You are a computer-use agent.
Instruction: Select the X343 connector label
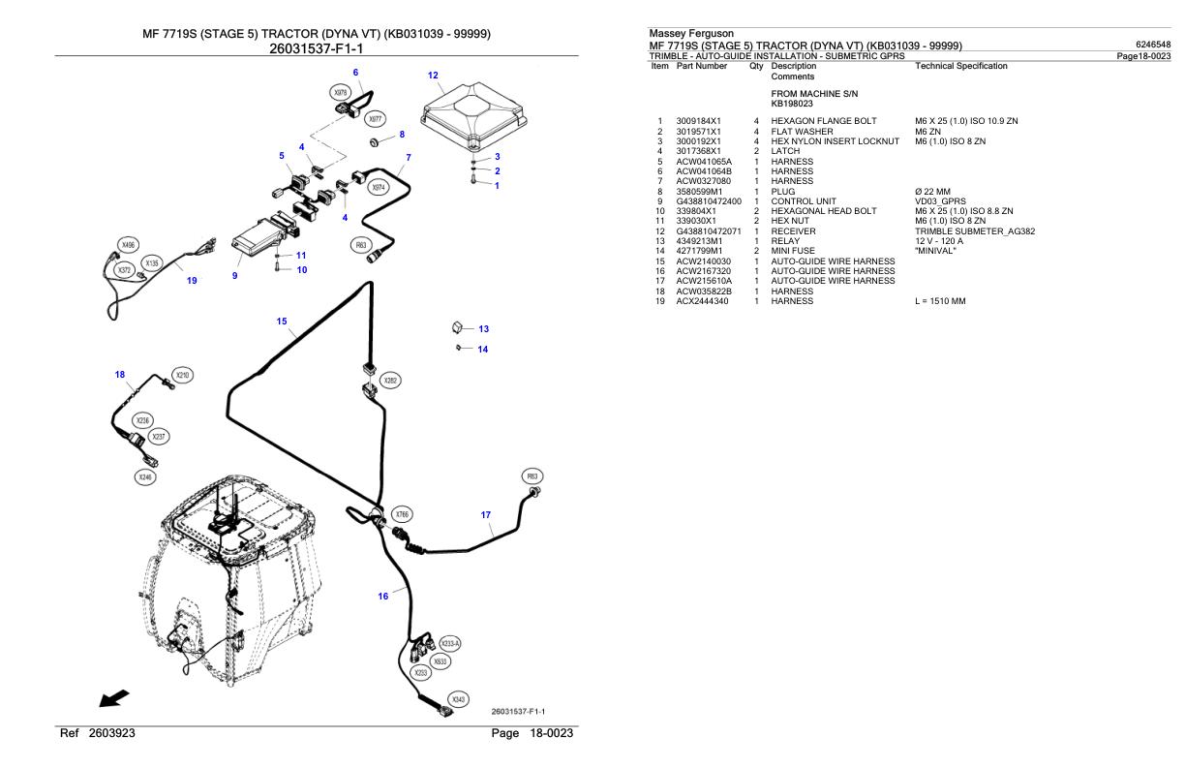459,700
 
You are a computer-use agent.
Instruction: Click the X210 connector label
182,374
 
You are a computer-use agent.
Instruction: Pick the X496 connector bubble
127,245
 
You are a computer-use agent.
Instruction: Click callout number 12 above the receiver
433,75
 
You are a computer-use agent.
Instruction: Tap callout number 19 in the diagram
192,281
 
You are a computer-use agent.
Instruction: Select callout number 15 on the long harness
282,322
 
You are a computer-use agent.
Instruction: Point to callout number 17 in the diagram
487,515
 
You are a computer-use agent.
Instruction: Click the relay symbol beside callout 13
458,328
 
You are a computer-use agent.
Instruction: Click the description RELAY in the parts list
786,241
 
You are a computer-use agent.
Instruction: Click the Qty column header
758,66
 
